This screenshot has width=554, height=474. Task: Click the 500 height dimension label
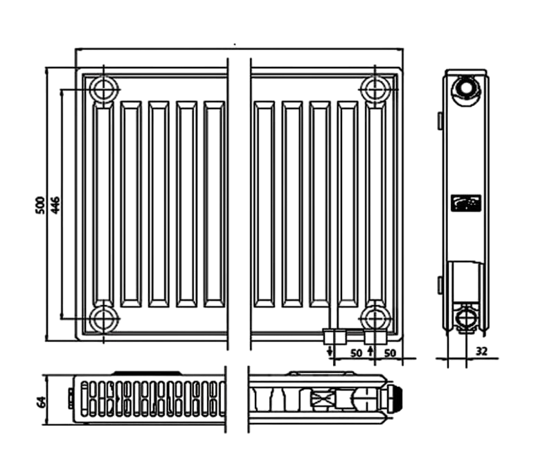pyautogui.click(x=40, y=205)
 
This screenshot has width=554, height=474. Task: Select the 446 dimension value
pyautogui.click(x=55, y=205)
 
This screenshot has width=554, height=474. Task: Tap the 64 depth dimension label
pyautogui.click(x=42, y=401)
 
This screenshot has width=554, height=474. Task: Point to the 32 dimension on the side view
pyautogui.click(x=481, y=352)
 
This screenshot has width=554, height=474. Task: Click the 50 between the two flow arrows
pyautogui.click(x=356, y=353)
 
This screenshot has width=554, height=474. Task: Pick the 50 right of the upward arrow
pyautogui.click(x=390, y=353)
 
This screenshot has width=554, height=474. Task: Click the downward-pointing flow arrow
pyautogui.click(x=330, y=352)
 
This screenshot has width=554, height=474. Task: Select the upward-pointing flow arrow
pyautogui.click(x=370, y=352)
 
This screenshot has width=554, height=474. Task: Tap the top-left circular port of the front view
pyautogui.click(x=103, y=89)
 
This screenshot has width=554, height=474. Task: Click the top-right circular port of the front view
pyautogui.click(x=375, y=89)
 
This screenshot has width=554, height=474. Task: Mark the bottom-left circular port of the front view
pyautogui.click(x=103, y=318)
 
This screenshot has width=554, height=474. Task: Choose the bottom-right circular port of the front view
pyautogui.click(x=375, y=318)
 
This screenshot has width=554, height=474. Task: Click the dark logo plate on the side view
pyautogui.click(x=466, y=203)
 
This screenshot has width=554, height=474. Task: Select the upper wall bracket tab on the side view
pyautogui.click(x=440, y=120)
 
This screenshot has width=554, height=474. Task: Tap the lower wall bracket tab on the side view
pyautogui.click(x=440, y=285)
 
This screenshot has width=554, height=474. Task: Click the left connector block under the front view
pyautogui.click(x=334, y=337)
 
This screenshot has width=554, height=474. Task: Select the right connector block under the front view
pyautogui.click(x=375, y=337)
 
